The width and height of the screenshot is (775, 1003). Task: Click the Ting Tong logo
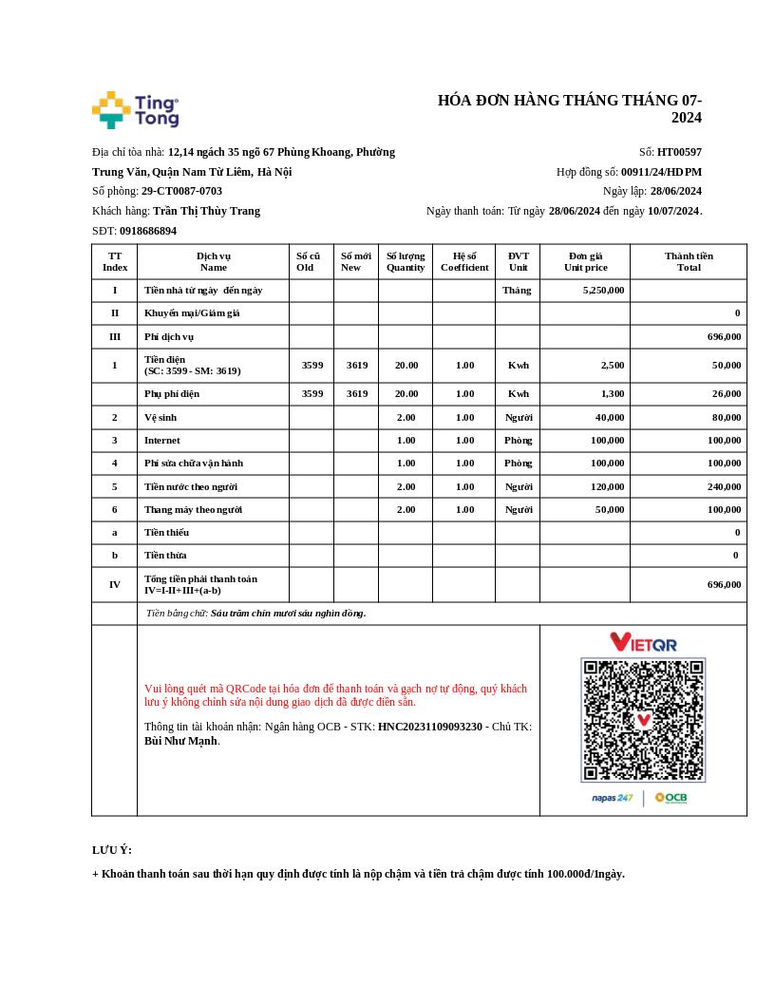tap(135, 110)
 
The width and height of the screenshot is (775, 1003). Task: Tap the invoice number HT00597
tap(679, 152)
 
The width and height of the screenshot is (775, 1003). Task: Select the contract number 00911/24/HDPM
tap(661, 172)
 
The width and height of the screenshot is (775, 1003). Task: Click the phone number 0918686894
tap(147, 231)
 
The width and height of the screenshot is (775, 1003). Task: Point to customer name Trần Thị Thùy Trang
tap(206, 211)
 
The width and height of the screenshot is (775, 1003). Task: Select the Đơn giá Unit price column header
tap(585, 261)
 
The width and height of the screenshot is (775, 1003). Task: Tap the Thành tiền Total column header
tap(689, 261)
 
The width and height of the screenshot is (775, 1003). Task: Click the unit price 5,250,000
tap(603, 291)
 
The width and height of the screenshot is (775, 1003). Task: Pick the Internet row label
tap(162, 441)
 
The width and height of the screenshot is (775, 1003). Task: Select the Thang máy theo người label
tap(193, 510)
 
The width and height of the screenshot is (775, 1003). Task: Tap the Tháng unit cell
tap(517, 291)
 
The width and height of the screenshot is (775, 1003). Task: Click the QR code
tap(643, 720)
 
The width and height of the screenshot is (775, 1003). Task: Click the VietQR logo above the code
tap(643, 643)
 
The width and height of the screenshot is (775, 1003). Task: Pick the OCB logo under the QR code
tap(671, 798)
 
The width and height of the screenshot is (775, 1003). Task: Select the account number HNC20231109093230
tap(429, 727)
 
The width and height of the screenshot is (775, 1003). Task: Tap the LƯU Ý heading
tap(112, 850)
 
